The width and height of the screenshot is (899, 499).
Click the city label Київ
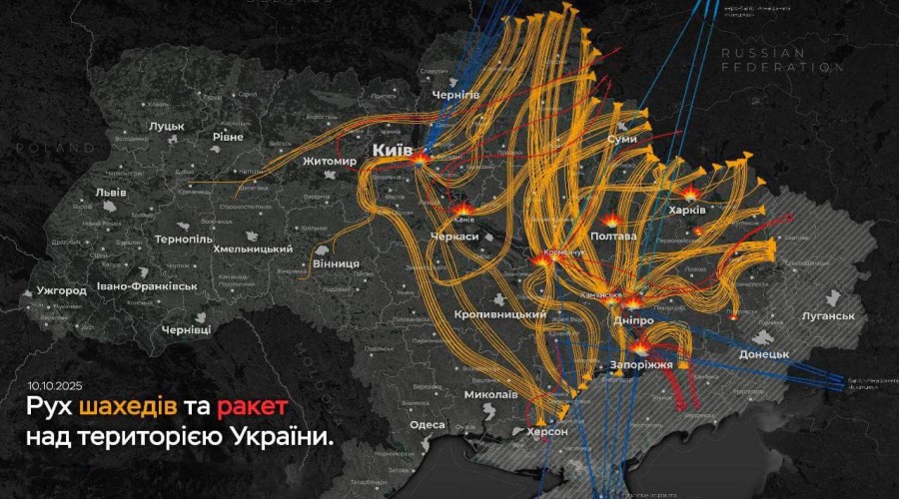pyautogui.click(x=393, y=150)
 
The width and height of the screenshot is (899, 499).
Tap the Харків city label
pyautogui.click(x=686, y=211)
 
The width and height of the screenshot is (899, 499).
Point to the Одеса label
pyautogui.click(x=428, y=424)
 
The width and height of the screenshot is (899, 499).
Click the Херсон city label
pyautogui.click(x=546, y=432)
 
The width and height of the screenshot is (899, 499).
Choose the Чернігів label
pyautogui.click(x=455, y=94)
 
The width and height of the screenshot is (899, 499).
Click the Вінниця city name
pyautogui.click(x=337, y=262)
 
